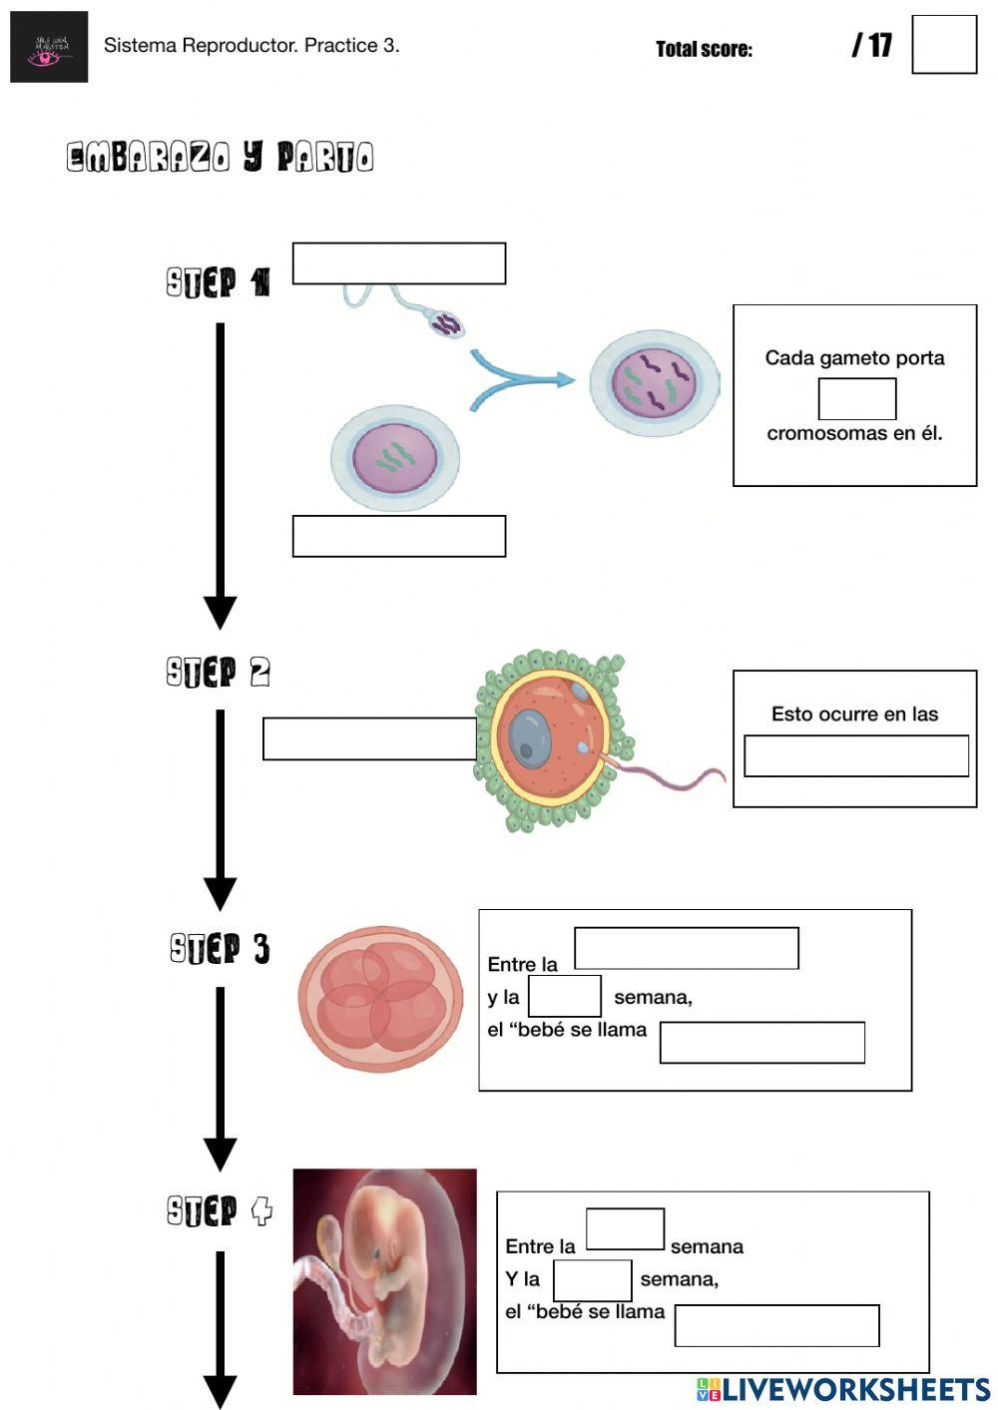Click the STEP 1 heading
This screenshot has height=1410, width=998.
click(219, 282)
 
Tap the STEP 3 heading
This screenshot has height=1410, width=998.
click(220, 948)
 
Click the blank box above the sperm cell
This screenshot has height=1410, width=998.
click(398, 263)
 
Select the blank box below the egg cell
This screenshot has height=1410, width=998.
click(398, 536)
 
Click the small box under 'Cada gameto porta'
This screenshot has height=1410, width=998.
click(856, 399)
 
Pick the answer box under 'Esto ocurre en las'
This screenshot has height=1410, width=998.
click(855, 755)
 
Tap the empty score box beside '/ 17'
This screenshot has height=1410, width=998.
click(943, 45)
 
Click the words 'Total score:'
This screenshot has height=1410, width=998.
click(704, 49)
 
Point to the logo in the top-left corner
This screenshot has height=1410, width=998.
click(49, 47)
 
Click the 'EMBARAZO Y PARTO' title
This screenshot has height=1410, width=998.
click(220, 157)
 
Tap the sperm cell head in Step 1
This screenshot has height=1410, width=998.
click(447, 322)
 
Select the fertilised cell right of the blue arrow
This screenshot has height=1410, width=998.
click(654, 383)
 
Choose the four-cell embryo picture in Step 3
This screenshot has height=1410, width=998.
click(381, 998)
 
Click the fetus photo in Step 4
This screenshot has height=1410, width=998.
click(384, 1281)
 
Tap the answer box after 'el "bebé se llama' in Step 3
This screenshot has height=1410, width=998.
click(761, 1042)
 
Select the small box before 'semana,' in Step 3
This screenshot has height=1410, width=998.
click(564, 996)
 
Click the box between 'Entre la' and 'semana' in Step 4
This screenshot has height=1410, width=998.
click(625, 1228)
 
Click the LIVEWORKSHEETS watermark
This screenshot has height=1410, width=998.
click(843, 1389)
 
